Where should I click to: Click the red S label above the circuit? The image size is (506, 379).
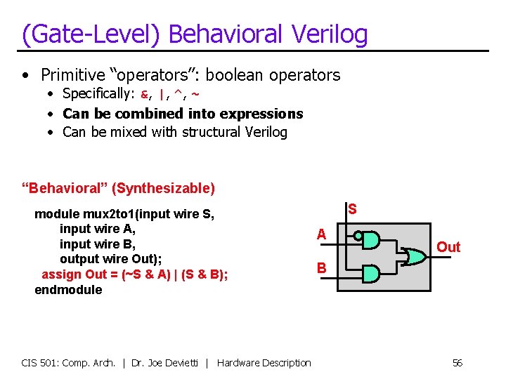point(352,209)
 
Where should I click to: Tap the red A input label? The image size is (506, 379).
point(321,234)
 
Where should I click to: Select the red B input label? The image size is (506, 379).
point(321,267)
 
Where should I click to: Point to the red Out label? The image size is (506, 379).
point(448,246)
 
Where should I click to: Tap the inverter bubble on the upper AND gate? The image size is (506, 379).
point(358,237)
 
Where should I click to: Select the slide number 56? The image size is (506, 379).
point(457,363)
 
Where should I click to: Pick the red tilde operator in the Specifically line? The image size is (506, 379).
point(195,94)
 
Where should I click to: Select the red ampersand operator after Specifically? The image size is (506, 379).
point(145,94)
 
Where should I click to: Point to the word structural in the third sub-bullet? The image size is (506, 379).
point(210,132)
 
